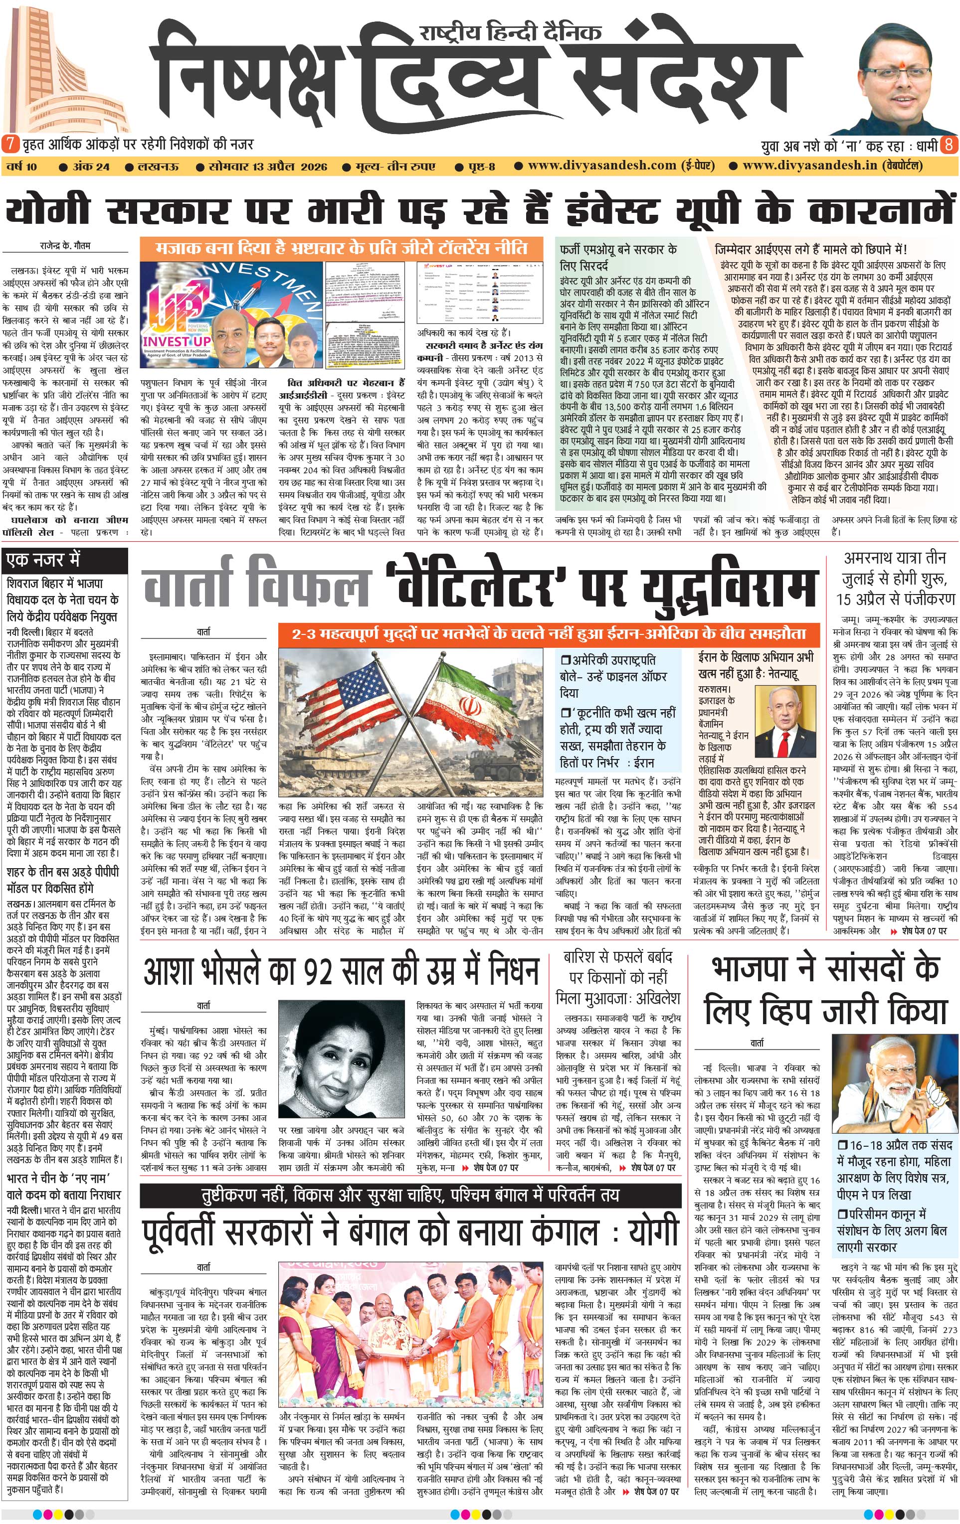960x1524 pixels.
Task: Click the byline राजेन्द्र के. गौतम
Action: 66,246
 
